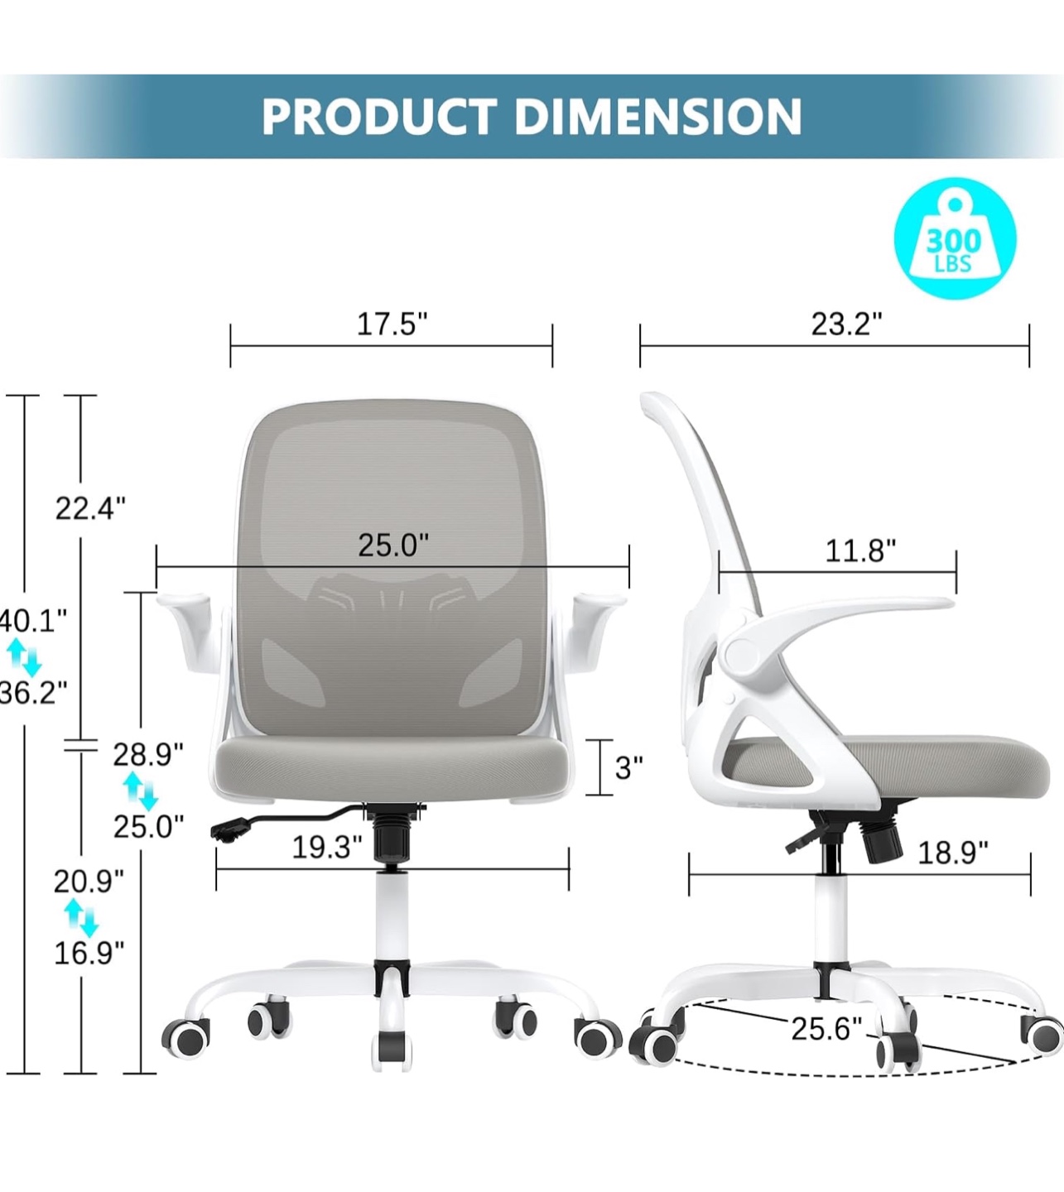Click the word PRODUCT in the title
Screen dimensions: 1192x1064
[378, 117]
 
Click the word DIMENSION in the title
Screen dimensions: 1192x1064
[658, 117]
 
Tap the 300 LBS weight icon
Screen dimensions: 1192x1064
[954, 238]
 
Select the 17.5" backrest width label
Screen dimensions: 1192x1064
[392, 324]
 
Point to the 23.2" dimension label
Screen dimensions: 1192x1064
[846, 324]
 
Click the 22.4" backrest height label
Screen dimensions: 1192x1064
[90, 508]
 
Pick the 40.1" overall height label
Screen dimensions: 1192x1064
[33, 620]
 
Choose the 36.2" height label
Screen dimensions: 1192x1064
[33, 692]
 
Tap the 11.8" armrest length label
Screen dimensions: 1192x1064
[860, 550]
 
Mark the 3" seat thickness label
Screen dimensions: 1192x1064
[628, 767]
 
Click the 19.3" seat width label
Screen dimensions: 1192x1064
[327, 847]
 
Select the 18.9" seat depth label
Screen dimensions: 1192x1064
[952, 853]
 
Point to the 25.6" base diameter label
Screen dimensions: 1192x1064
[826, 1029]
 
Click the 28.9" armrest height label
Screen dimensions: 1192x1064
[148, 754]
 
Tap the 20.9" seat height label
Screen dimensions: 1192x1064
[89, 882]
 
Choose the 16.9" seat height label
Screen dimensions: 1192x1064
[89, 953]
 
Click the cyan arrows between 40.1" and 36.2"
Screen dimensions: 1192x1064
[23, 657]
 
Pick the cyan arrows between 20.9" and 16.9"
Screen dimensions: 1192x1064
[81, 918]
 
